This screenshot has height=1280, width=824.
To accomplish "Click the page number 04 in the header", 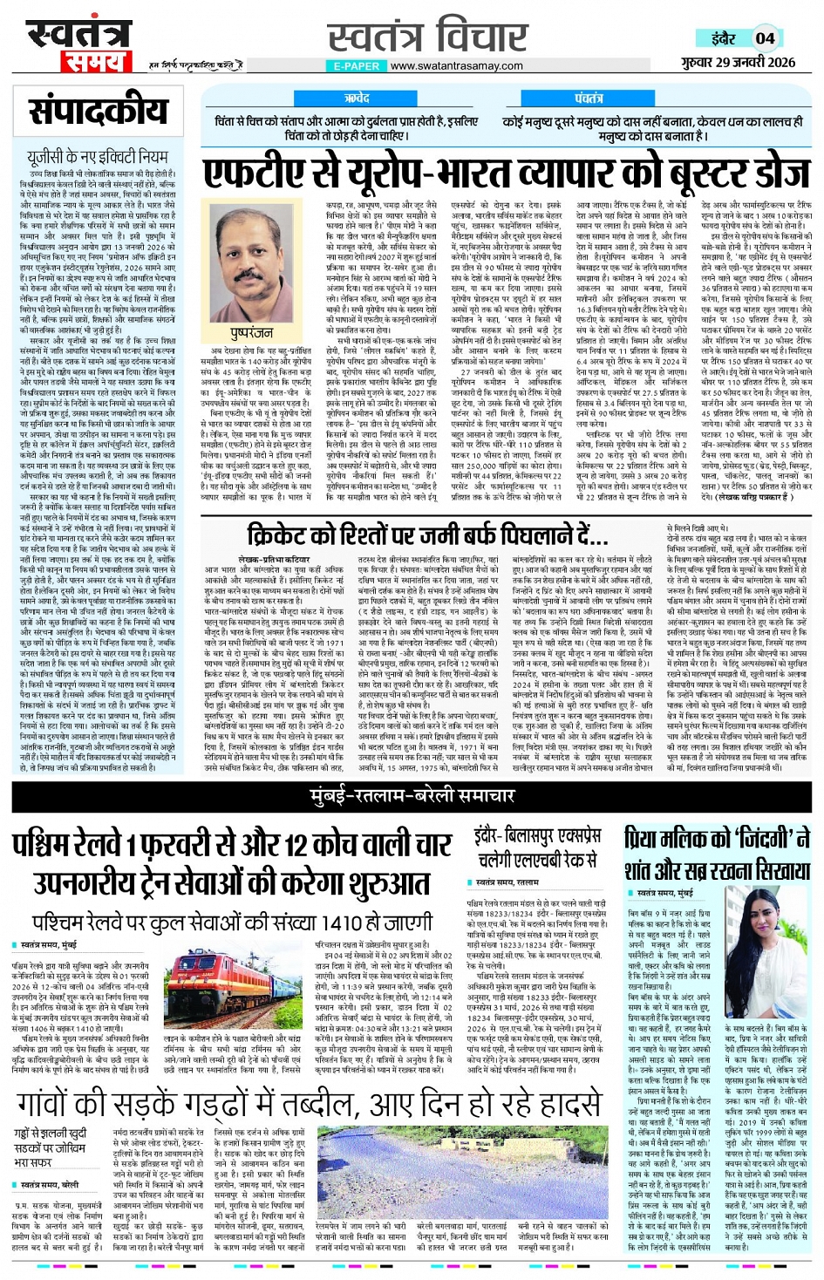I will [x=765, y=37].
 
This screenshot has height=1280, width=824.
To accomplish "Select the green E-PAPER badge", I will [x=356, y=65].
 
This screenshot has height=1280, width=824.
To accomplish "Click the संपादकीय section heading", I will [x=99, y=111].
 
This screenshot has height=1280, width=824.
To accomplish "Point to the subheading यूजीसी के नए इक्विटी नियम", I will [x=97, y=156].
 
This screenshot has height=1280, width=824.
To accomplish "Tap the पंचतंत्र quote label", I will [x=589, y=99].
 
